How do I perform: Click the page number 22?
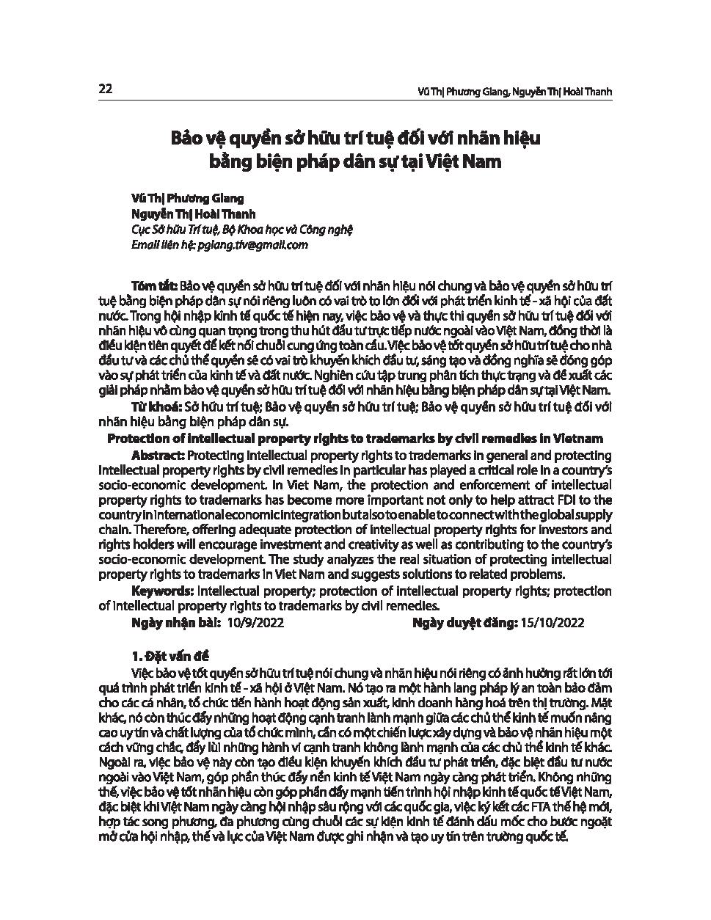(104, 90)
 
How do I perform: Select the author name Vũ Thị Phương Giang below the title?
(186, 198)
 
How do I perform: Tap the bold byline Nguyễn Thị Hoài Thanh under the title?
(193, 214)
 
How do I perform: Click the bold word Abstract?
(158, 455)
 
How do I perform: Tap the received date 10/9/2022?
(256, 622)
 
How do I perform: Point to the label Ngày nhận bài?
(176, 622)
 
